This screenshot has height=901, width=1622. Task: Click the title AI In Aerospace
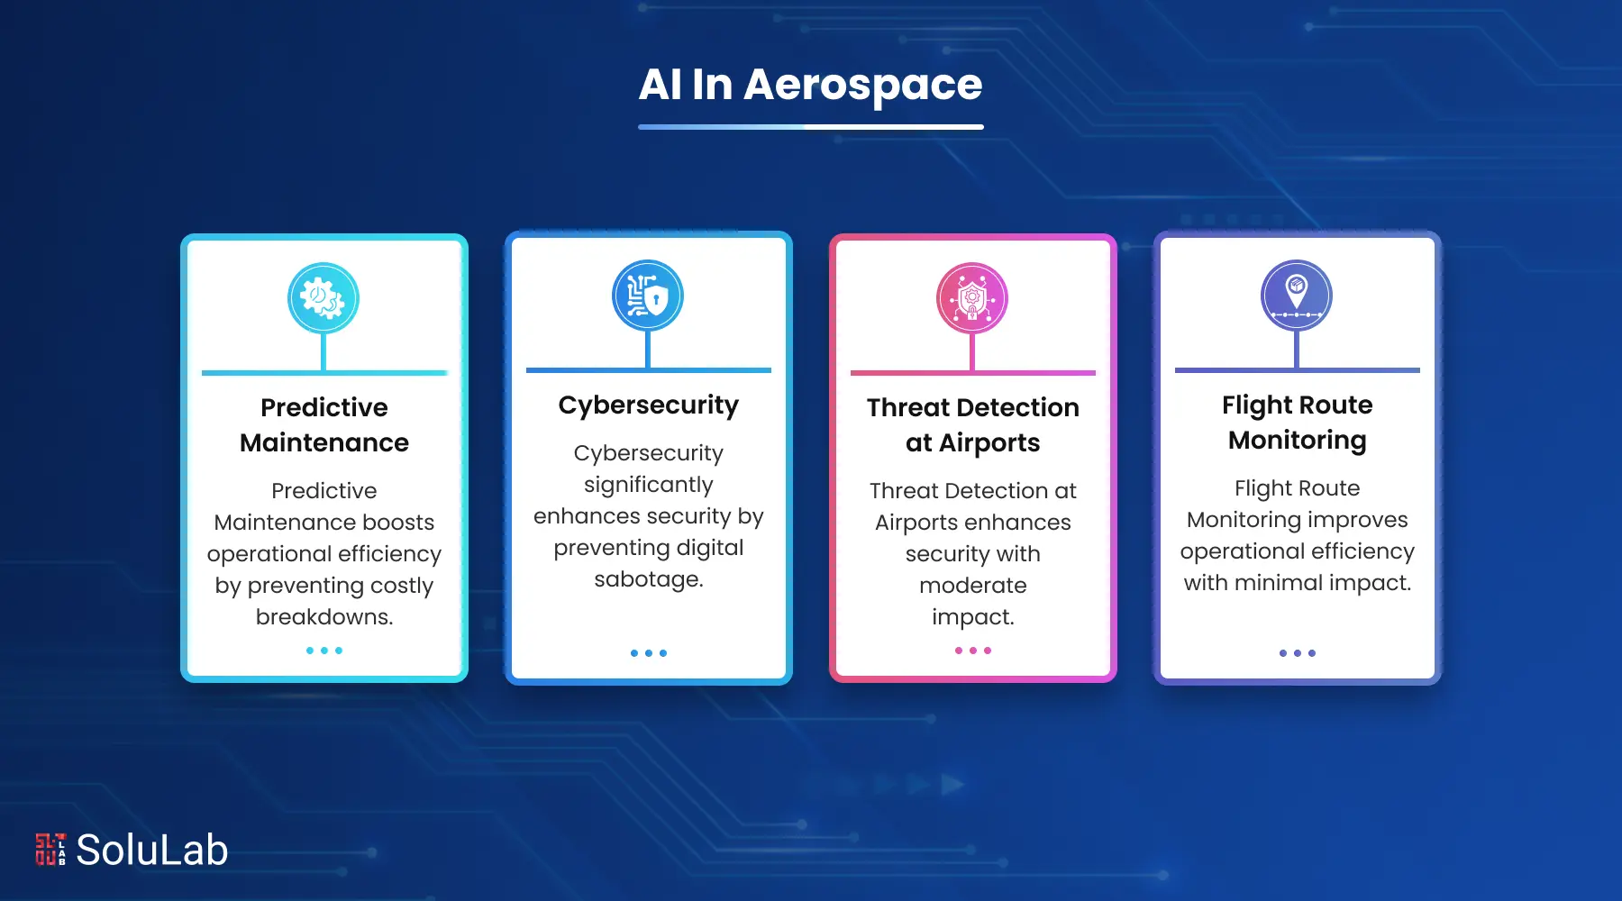pos(810,86)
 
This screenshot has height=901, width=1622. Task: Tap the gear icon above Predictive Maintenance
pos(323,298)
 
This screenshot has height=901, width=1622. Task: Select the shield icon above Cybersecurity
pos(648,296)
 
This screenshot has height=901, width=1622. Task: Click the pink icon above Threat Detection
pos(972,298)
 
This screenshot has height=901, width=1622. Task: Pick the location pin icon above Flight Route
pos(1297,296)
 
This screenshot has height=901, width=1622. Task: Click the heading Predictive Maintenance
pos(324,424)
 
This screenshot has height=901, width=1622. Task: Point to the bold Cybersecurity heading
pos(649,405)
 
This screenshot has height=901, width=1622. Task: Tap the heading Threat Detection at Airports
pos(973,424)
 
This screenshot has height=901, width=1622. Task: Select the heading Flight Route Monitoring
pos(1298,422)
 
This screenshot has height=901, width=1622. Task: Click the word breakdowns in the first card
pos(324,617)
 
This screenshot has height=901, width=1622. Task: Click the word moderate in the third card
pos(973,586)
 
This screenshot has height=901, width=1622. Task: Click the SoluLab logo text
pos(152,850)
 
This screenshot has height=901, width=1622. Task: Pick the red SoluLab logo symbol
pos(50,850)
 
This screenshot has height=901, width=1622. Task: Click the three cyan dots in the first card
pos(324,651)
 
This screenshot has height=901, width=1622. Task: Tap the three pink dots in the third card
pos(973,651)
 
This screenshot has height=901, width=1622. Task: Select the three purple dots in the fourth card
pos(1298,653)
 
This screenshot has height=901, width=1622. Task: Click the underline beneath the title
pos(810,127)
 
